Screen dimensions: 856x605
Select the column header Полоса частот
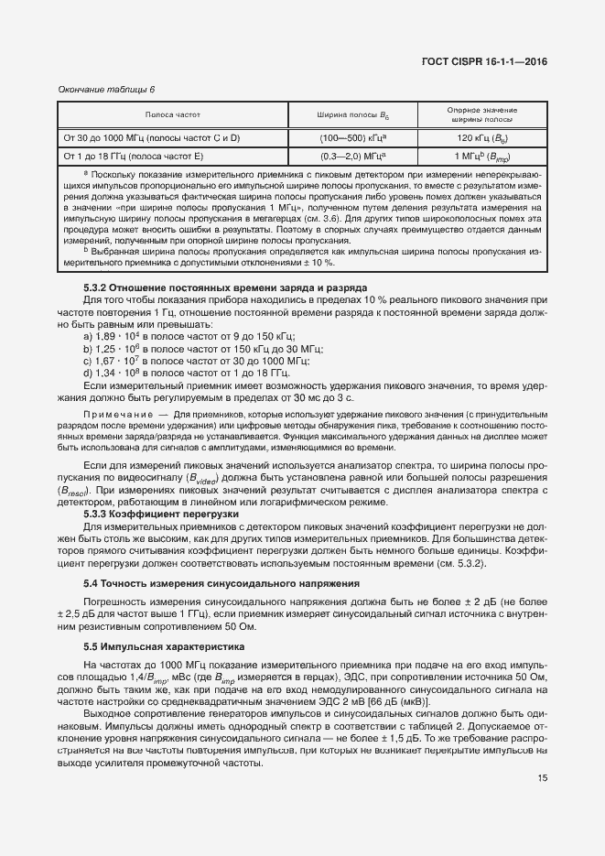pyautogui.click(x=172, y=114)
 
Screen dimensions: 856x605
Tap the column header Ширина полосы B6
pyautogui.click(x=351, y=115)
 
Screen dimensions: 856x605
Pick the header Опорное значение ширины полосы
pyautogui.click(x=481, y=114)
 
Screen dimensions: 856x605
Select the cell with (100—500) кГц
pyautogui.click(x=351, y=137)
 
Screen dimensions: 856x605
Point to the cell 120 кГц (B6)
pyautogui.click(x=481, y=137)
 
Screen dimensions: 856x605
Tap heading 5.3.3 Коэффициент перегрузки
pyautogui.click(x=161, y=515)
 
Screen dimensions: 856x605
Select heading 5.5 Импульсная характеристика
pyautogui.click(x=165, y=645)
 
